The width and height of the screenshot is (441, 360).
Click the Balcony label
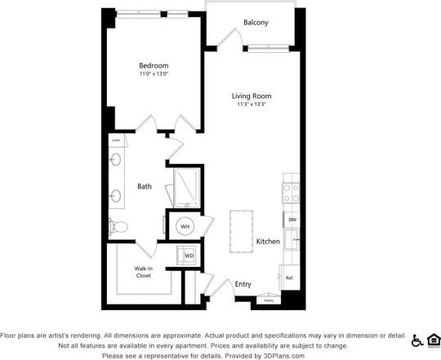pyautogui.click(x=256, y=22)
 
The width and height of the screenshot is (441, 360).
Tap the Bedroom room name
pyautogui.click(x=154, y=65)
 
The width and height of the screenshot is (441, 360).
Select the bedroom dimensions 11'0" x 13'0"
pyautogui.click(x=154, y=74)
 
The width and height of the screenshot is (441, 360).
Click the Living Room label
pyautogui.click(x=252, y=96)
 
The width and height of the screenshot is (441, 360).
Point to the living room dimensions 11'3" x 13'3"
pyautogui.click(x=252, y=104)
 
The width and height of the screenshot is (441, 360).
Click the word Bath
pyautogui.click(x=145, y=186)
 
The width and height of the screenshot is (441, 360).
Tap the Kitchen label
pyautogui.click(x=268, y=241)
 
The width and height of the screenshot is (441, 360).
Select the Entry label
pyautogui.click(x=243, y=284)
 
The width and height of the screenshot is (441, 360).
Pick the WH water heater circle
pyautogui.click(x=185, y=226)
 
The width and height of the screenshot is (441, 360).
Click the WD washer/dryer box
pyautogui.click(x=189, y=256)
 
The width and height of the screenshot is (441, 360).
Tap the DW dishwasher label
pyautogui.click(x=292, y=220)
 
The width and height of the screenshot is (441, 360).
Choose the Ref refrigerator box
pyautogui.click(x=289, y=278)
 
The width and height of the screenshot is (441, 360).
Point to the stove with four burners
pyautogui.click(x=291, y=193)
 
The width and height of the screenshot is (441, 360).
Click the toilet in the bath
pyautogui.click(x=117, y=226)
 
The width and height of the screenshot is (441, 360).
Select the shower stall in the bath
pyautogui.click(x=187, y=189)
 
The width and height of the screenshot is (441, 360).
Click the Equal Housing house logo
pyautogui.click(x=433, y=340)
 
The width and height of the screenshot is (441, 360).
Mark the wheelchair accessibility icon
pyautogui.click(x=417, y=340)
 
